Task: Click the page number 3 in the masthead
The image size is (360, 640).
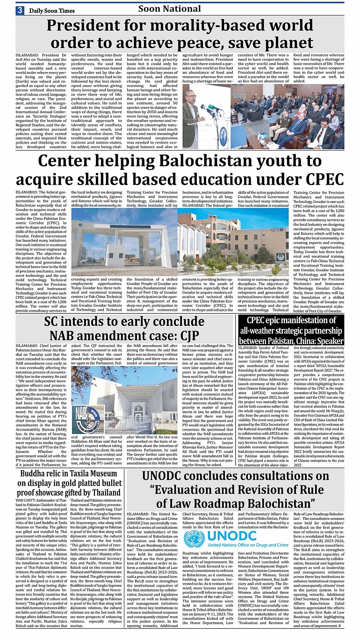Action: click(x=21, y=10)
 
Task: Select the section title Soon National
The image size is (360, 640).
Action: click(x=169, y=9)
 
